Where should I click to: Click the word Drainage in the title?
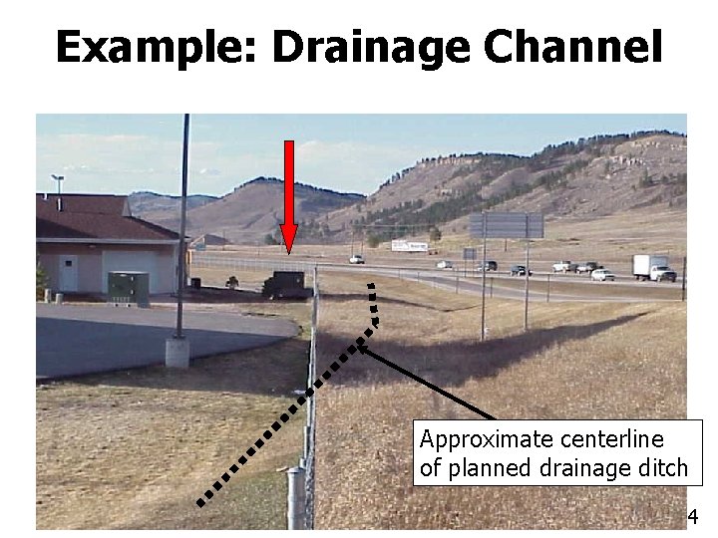368,48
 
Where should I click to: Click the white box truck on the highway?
653,267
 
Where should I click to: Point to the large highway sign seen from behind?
508,225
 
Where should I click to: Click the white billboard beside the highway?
409,245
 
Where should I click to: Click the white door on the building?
67,273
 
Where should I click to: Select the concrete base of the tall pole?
178,352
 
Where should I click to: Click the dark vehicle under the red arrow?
284,284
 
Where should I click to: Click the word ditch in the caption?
663,467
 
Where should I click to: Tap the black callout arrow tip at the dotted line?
360,347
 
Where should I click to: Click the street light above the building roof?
58,179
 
